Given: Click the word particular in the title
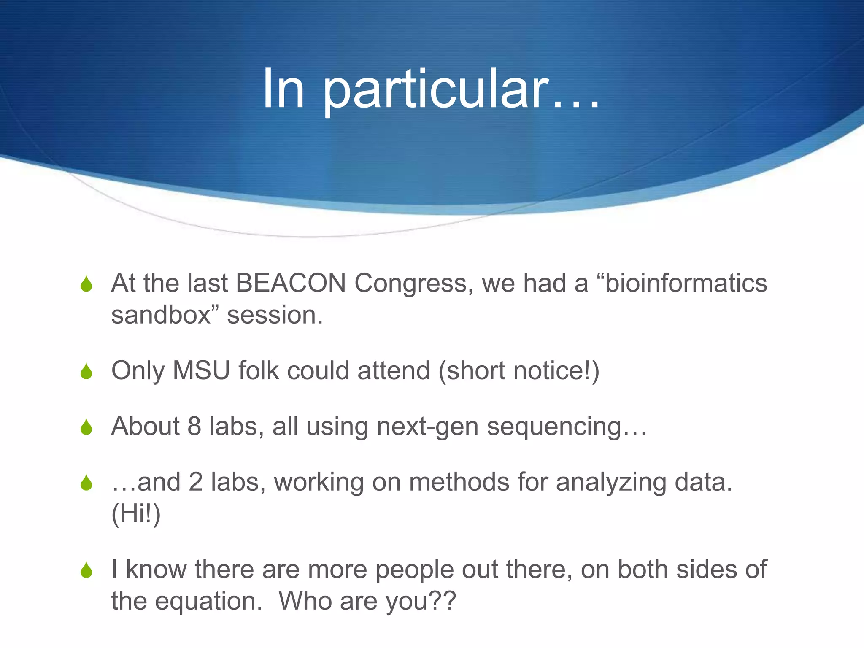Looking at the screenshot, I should click(436, 89).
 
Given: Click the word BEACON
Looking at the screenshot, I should click(291, 283).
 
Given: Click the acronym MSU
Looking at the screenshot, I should click(201, 371).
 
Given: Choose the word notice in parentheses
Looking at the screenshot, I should click(546, 371).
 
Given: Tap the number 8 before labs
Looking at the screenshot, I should click(194, 426).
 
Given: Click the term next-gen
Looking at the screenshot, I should click(427, 427).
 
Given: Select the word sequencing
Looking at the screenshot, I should click(554, 427).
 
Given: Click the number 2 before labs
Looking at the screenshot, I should click(196, 482).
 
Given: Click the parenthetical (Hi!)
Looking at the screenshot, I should click(136, 514).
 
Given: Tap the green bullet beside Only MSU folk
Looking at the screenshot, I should click(86, 371).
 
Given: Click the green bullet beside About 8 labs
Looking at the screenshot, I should click(86, 427).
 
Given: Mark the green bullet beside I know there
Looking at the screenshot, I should click(86, 570).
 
